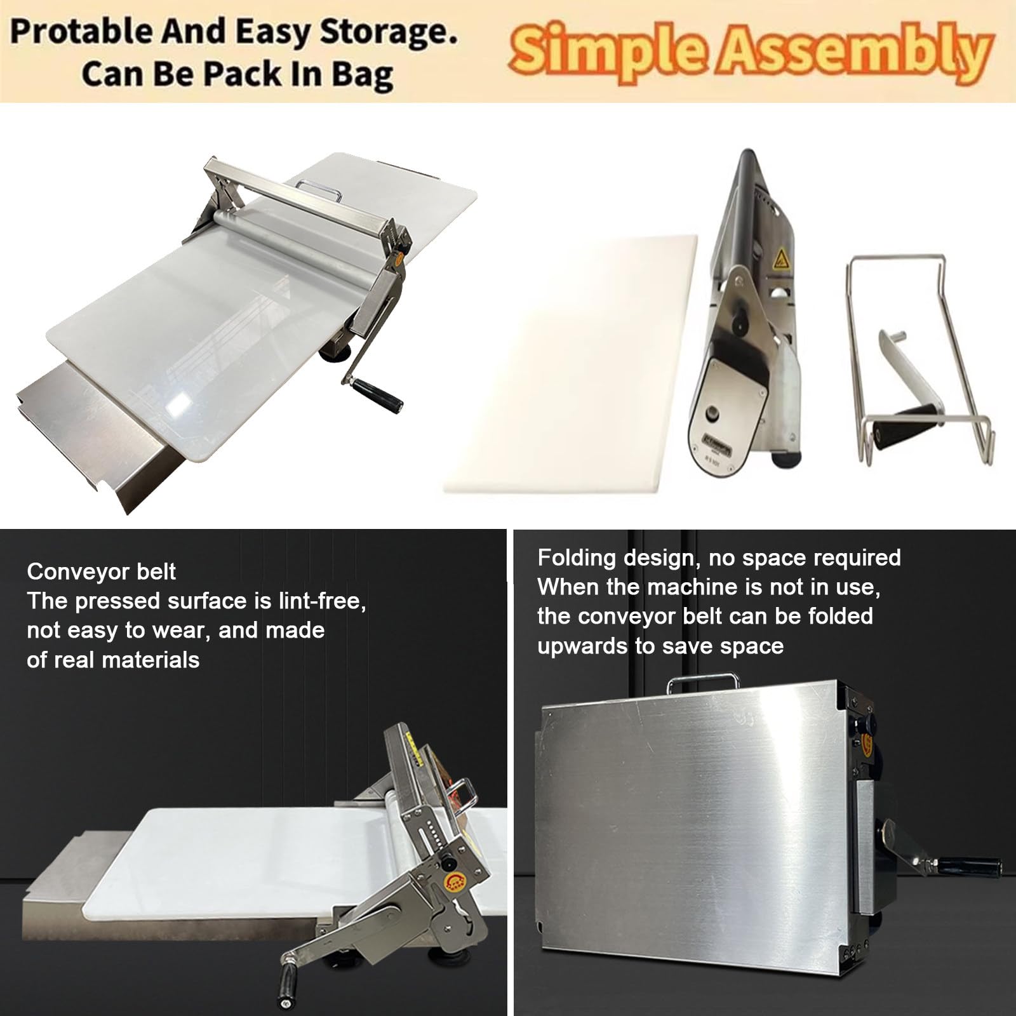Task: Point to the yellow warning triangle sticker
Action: click(x=779, y=258)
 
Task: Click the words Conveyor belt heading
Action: click(x=102, y=571)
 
